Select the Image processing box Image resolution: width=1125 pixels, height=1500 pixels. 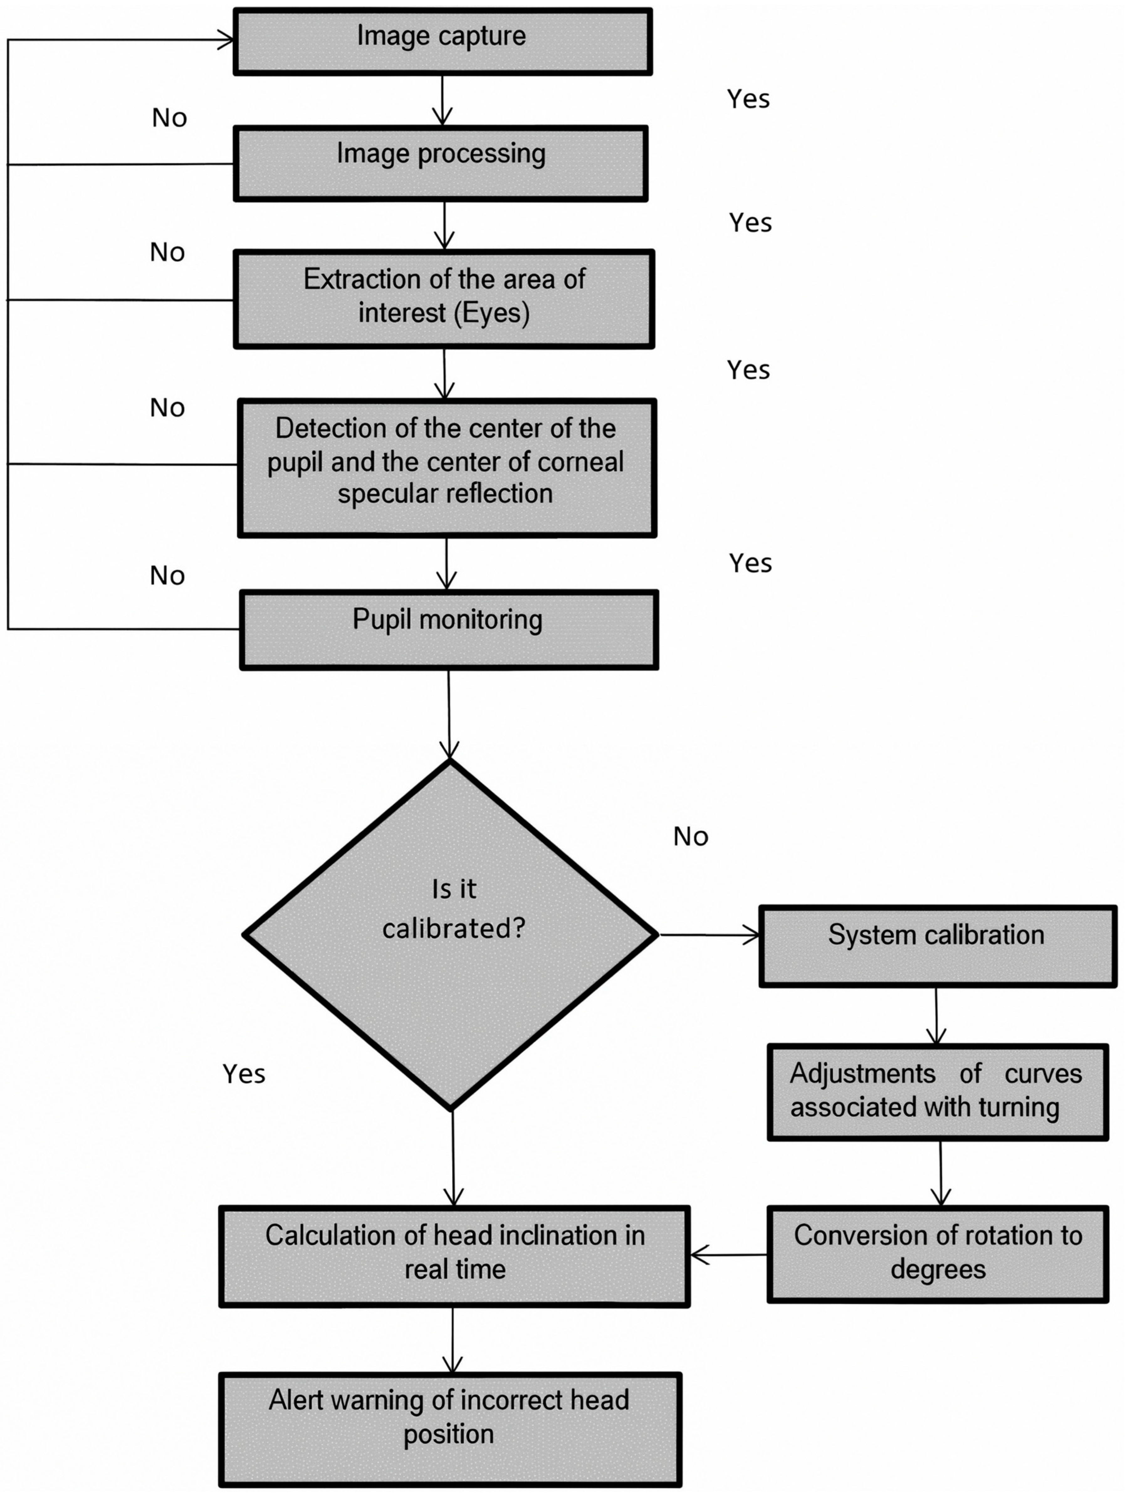[x=441, y=163]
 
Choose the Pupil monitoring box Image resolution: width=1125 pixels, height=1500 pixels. [x=448, y=629]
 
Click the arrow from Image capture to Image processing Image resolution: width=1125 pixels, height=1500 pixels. [x=442, y=100]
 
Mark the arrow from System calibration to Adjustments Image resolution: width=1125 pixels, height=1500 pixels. [x=937, y=1015]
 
